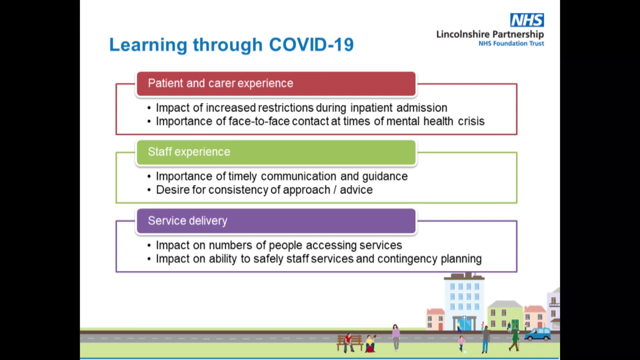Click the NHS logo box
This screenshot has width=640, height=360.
click(527, 20)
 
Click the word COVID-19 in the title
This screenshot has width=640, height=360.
click(311, 44)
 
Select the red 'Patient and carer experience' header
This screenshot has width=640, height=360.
click(276, 83)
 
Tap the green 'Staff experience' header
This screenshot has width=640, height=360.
click(276, 152)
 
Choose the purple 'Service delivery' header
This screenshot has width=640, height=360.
click(276, 221)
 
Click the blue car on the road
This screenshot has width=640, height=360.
click(537, 334)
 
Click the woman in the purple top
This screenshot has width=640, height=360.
click(395, 337)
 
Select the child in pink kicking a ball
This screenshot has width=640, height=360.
click(461, 343)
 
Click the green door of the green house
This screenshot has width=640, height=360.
click(515, 325)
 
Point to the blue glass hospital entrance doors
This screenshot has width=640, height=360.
click(464, 324)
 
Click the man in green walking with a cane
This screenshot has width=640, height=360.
click(515, 340)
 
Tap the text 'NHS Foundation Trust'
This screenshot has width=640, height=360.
click(511, 43)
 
